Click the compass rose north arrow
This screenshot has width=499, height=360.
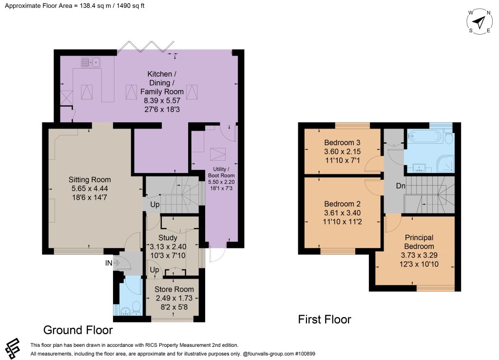tap(479, 22)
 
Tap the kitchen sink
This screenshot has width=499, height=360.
tap(91, 62)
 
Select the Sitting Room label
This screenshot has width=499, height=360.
tap(90, 180)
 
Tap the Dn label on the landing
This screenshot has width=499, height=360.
tap(401, 186)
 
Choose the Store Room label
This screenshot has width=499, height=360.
tap(174, 289)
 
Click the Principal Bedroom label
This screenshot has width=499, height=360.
tap(419, 242)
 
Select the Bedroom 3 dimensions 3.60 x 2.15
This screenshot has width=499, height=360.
tap(343, 152)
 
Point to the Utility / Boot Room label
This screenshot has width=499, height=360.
tap(222, 172)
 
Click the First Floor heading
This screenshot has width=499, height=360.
tap(325, 319)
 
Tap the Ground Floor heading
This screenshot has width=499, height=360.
tap(78, 330)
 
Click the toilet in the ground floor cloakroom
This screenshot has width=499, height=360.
tap(136, 307)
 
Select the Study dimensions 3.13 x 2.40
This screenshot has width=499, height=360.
tap(168, 247)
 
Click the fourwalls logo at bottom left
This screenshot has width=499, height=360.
tap(13, 348)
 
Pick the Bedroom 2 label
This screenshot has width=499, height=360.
tap(343, 204)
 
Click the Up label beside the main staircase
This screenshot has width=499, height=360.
tap(155, 205)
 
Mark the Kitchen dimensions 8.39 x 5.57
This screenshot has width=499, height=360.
tap(162, 101)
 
